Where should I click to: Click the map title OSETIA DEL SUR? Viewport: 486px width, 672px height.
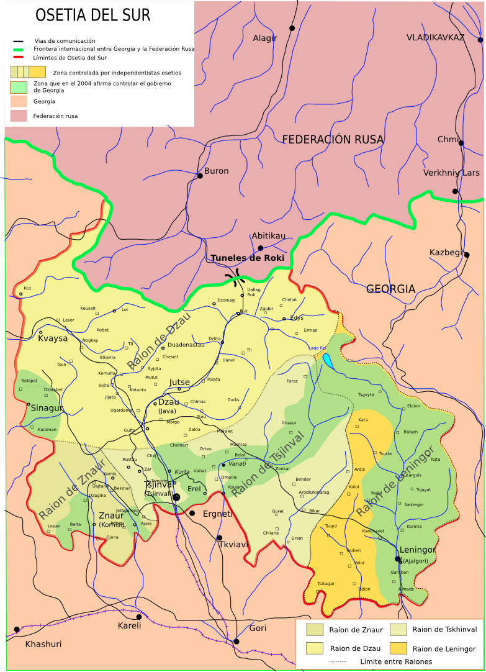[x=92, y=15]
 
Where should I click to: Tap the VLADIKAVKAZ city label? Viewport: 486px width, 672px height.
[x=435, y=38]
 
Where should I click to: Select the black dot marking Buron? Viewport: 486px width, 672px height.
[x=200, y=176]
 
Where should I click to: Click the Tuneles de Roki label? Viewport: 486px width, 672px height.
[x=247, y=258]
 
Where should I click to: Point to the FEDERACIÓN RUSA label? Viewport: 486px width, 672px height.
[x=333, y=140]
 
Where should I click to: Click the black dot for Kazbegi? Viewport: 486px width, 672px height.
[x=466, y=255]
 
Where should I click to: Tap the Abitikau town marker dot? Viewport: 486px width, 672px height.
[x=261, y=248]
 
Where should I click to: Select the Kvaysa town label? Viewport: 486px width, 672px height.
[x=53, y=338]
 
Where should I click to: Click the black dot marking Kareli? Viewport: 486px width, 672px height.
[x=139, y=617]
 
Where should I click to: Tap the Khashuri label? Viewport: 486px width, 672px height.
[x=43, y=644]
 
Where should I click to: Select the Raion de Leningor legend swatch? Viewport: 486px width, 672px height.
[x=398, y=648]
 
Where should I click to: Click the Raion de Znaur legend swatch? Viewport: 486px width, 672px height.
[x=315, y=630]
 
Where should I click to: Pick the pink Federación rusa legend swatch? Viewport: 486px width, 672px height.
[x=19, y=116]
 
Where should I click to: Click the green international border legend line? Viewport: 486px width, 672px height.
[x=19, y=49]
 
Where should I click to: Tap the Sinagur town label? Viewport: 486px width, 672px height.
[x=47, y=408]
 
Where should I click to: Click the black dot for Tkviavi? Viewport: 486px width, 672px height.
[x=219, y=538]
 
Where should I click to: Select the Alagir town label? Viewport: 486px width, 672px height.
[x=264, y=39]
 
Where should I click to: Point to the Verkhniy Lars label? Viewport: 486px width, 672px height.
[x=451, y=173]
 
